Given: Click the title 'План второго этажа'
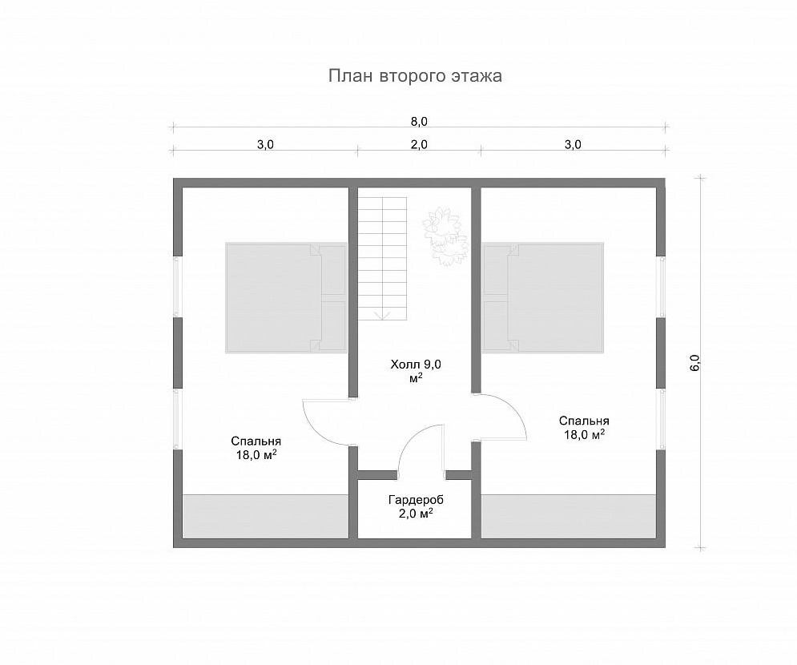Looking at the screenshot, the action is pyautogui.click(x=415, y=76).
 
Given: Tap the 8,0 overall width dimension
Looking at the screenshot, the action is pyautogui.click(x=419, y=122).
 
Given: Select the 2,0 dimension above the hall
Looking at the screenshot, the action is pyautogui.click(x=419, y=145).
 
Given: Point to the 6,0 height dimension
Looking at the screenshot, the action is pyautogui.click(x=694, y=363).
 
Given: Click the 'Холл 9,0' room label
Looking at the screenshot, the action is pyautogui.click(x=416, y=365).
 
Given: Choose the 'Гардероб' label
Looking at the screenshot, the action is pyautogui.click(x=416, y=500).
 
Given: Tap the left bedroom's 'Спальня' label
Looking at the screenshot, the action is pyautogui.click(x=256, y=441).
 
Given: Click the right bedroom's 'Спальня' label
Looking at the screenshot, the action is pyautogui.click(x=584, y=421).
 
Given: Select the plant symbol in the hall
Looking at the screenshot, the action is pyautogui.click(x=444, y=236).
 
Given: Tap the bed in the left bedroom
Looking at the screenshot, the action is pyautogui.click(x=286, y=298).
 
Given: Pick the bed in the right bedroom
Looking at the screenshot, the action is pyautogui.click(x=543, y=298).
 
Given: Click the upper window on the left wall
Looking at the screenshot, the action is pyautogui.click(x=177, y=287).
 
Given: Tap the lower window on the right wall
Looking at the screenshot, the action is pyautogui.click(x=662, y=420).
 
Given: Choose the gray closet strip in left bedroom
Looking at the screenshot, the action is pyautogui.click(x=265, y=516).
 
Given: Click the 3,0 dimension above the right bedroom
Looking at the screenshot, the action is pyautogui.click(x=573, y=145).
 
